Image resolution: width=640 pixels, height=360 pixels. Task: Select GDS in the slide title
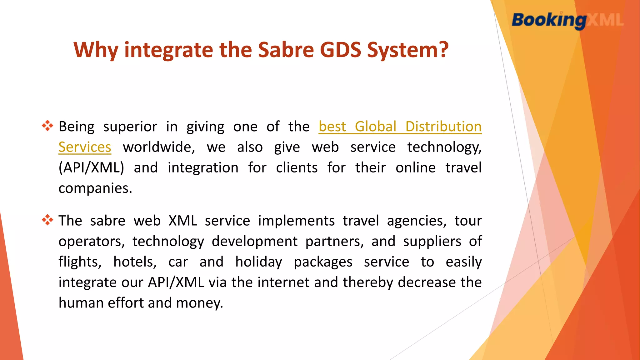coord(341,50)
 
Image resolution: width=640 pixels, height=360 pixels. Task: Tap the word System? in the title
coord(408,50)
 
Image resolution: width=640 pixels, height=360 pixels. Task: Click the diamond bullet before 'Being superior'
coord(47,126)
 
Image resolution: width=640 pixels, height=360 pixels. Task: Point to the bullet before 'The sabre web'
coord(47,220)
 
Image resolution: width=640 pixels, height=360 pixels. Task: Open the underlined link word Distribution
coord(443,127)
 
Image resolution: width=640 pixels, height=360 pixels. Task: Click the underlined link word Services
coord(85,147)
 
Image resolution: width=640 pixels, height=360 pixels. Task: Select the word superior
coord(130,127)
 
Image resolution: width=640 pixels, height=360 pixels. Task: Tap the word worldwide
coord(159,147)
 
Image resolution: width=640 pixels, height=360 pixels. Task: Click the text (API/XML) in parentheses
coord(91,168)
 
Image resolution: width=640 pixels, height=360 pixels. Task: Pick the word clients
coord(297,168)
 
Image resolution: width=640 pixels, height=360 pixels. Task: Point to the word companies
coord(95,188)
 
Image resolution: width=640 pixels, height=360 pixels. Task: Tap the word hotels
coord(135,262)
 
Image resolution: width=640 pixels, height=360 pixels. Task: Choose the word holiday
coord(259,262)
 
